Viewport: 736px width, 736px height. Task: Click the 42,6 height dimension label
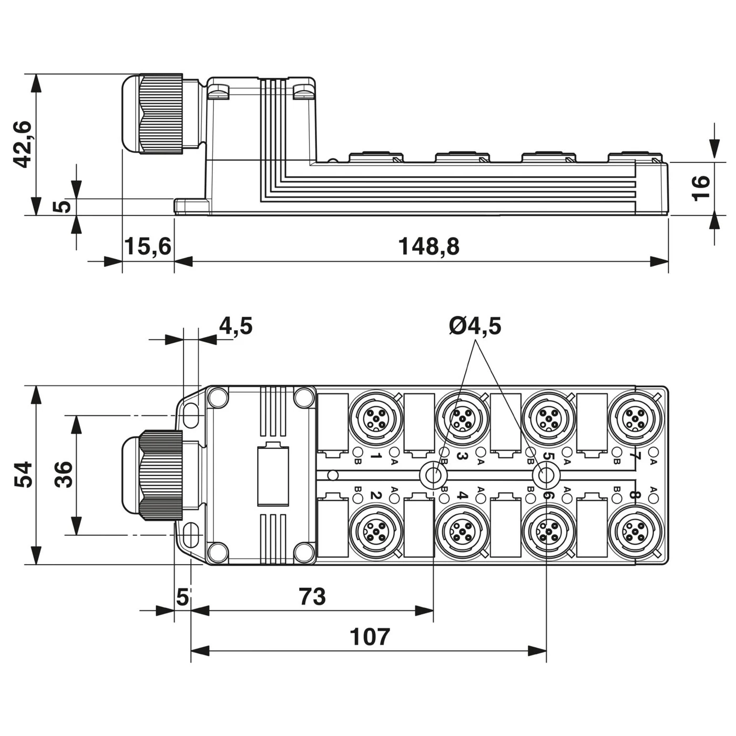pyautogui.click(x=23, y=144)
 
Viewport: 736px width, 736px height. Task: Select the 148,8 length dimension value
pyautogui.click(x=428, y=246)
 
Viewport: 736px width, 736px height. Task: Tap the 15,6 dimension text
pyautogui.click(x=148, y=246)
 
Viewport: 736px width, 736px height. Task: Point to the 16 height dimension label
pyautogui.click(x=701, y=188)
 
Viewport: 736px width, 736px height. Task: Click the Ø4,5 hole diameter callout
pyautogui.click(x=475, y=326)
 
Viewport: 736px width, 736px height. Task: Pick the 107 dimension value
pyautogui.click(x=370, y=637)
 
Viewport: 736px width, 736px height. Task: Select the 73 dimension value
pyautogui.click(x=312, y=597)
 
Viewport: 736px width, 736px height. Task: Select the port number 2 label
pyautogui.click(x=375, y=495)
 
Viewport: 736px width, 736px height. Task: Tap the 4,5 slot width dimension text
pyautogui.click(x=236, y=326)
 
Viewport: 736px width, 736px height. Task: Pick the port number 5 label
pyautogui.click(x=548, y=456)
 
